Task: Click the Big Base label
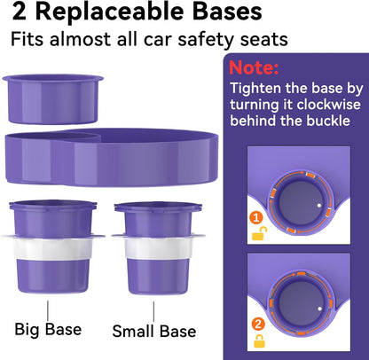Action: tap(48, 330)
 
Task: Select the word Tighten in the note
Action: tap(257, 88)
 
